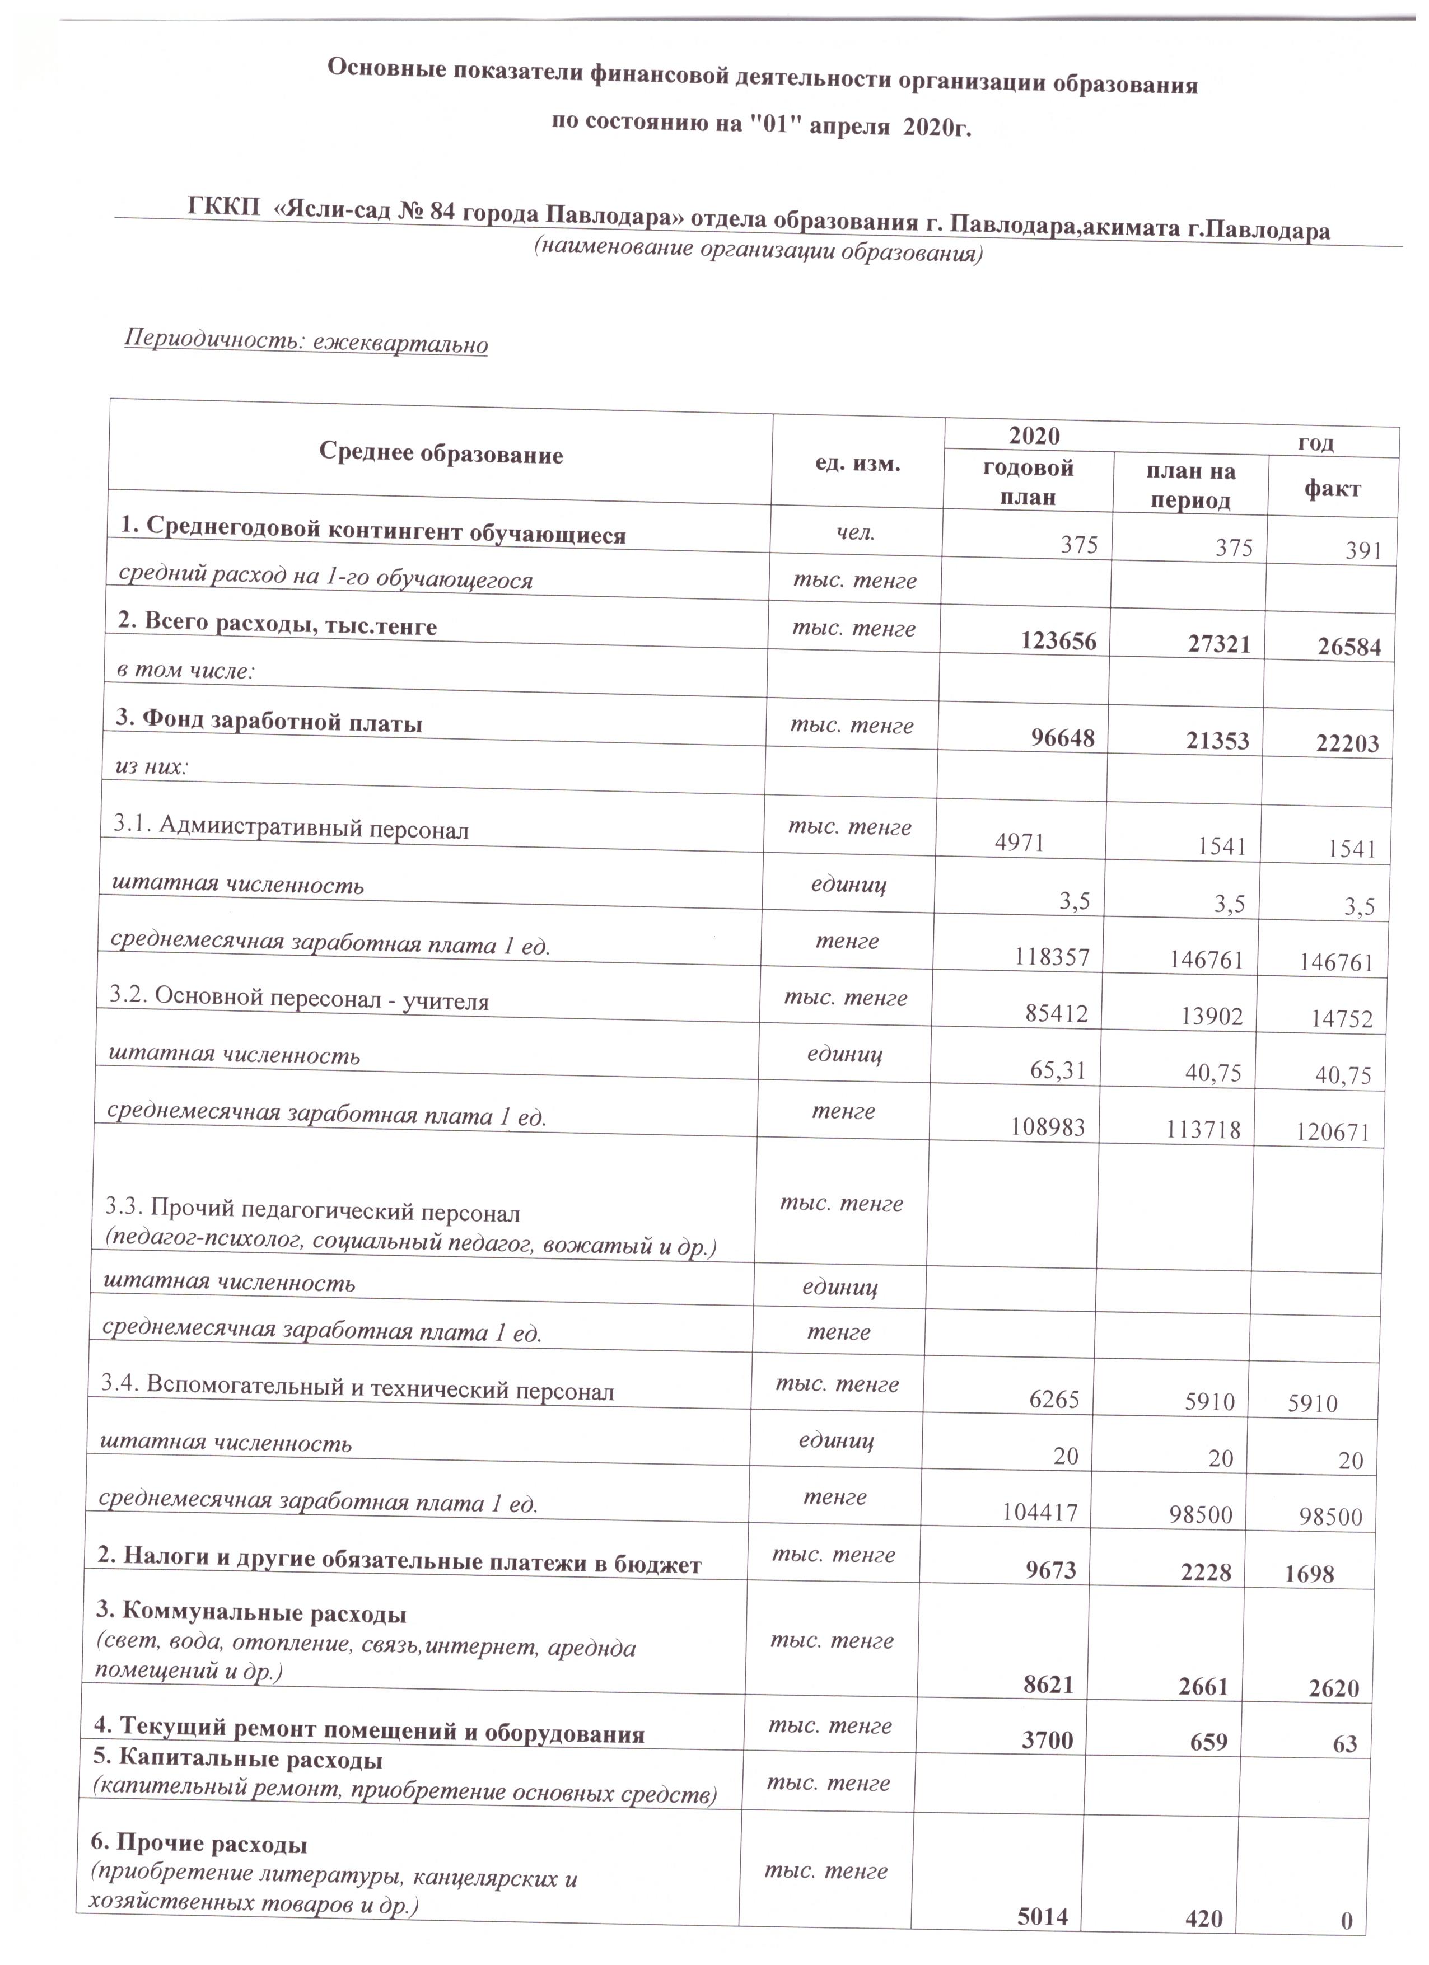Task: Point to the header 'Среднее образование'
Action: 441,453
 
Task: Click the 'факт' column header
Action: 1332,489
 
